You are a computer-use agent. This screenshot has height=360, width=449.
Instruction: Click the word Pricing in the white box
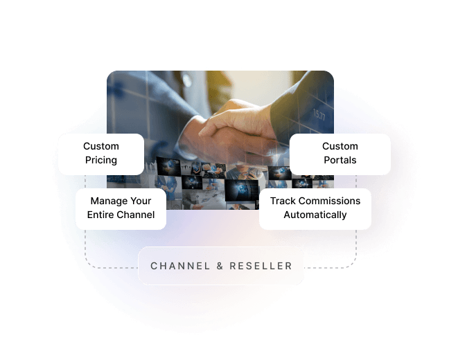pyautogui.click(x=101, y=160)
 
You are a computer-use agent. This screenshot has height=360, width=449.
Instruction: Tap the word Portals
pyautogui.click(x=340, y=160)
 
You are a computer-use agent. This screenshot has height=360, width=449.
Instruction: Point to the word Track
pyautogui.click(x=283, y=201)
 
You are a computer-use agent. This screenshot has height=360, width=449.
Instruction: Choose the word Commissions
pyautogui.click(x=329, y=201)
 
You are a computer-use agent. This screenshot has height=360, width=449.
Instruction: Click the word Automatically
pyautogui.click(x=315, y=215)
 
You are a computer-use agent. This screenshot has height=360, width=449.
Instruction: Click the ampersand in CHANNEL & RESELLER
pyautogui.click(x=219, y=266)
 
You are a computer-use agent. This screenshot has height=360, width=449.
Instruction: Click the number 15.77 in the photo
pyautogui.click(x=319, y=114)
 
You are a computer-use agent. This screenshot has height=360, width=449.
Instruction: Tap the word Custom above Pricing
pyautogui.click(x=101, y=146)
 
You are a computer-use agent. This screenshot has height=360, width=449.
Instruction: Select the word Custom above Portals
pyautogui.click(x=340, y=146)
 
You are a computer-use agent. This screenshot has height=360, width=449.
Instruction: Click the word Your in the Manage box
pyautogui.click(x=141, y=201)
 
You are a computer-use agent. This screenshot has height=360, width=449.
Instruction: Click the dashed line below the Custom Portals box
pyautogui.click(x=356, y=181)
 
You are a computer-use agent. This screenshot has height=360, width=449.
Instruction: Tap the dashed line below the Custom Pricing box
pyautogui.click(x=85, y=181)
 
